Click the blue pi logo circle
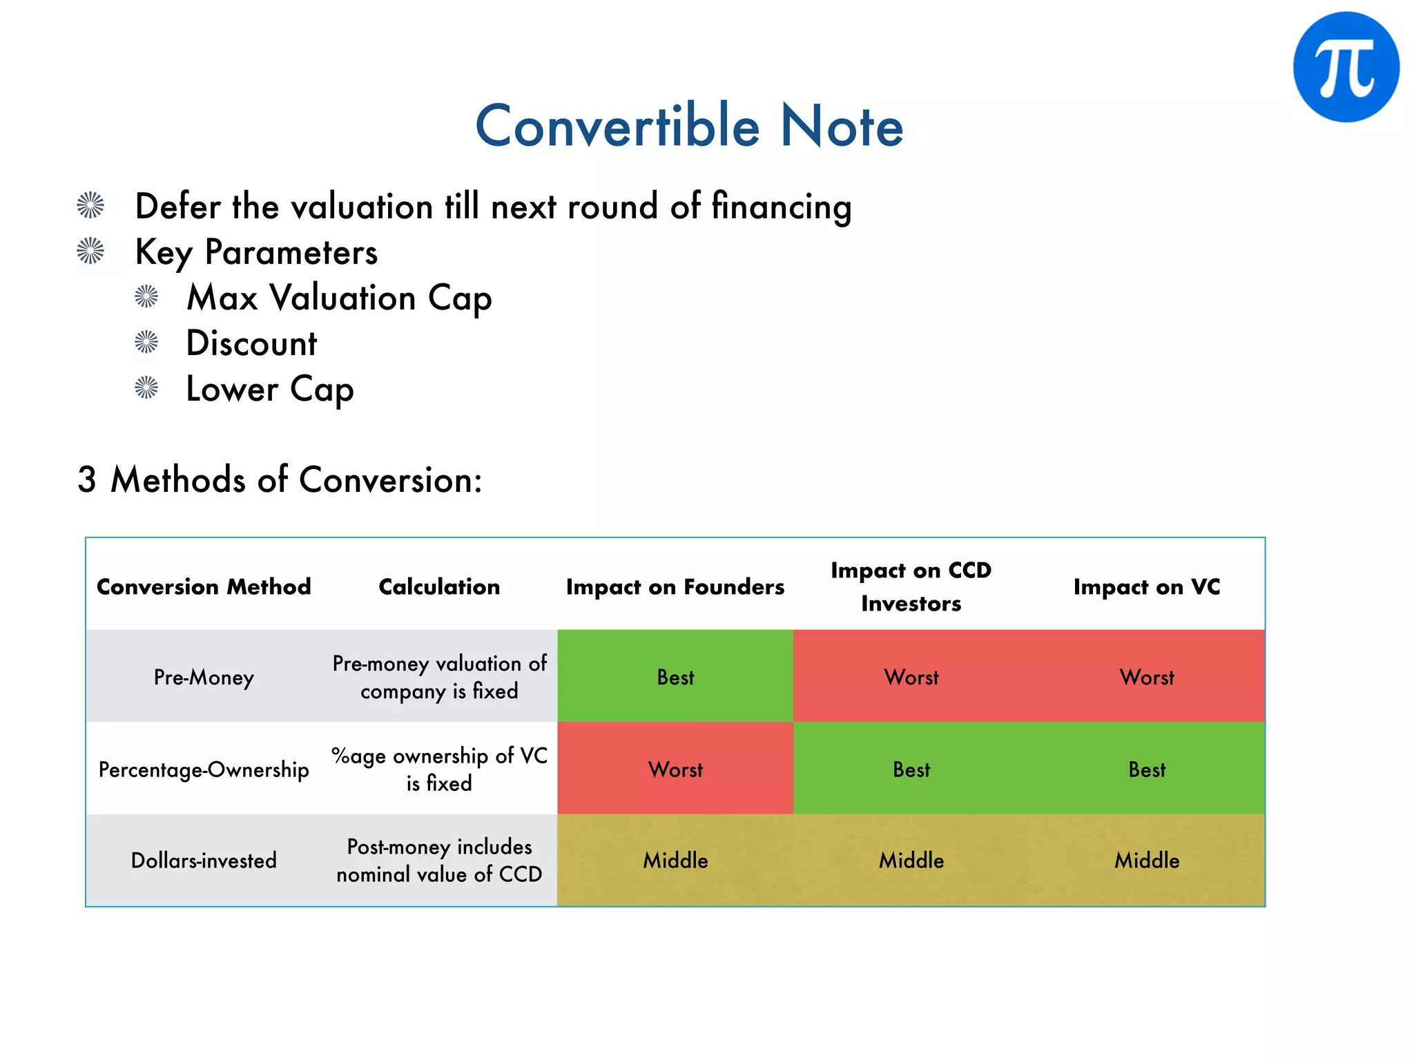1346,67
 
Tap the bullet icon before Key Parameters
90,251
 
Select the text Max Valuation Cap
339,298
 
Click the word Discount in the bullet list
251,343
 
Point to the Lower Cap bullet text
270,389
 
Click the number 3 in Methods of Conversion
87,479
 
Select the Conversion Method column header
204,586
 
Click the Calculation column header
439,586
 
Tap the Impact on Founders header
675,586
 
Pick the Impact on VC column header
1146,586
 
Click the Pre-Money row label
204,677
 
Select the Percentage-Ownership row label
204,770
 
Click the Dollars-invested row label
204,861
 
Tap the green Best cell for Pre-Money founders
675,677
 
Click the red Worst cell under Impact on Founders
675,770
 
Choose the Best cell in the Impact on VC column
1146,770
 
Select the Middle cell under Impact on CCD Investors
911,861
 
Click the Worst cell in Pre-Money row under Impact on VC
1146,677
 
